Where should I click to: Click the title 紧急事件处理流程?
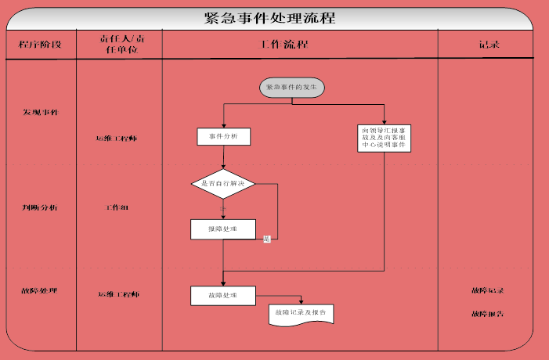[x=269, y=19]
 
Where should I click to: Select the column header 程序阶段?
[x=41, y=45]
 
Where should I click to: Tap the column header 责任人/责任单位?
[x=119, y=45]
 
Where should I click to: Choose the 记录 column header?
[x=489, y=45]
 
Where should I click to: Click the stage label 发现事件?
[x=39, y=112]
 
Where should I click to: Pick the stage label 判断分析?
[x=39, y=207]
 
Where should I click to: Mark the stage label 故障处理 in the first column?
[x=39, y=291]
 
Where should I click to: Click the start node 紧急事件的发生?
[x=292, y=88]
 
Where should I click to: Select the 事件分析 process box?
[x=223, y=137]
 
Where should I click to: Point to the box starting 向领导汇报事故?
[x=384, y=138]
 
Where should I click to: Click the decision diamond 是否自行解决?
[x=223, y=183]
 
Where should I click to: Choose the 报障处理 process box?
[x=223, y=229]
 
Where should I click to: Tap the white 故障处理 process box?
[x=223, y=295]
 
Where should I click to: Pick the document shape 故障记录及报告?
[x=302, y=313]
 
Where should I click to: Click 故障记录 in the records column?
[x=487, y=290]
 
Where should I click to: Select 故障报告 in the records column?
[x=487, y=313]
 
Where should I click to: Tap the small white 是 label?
[x=266, y=239]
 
